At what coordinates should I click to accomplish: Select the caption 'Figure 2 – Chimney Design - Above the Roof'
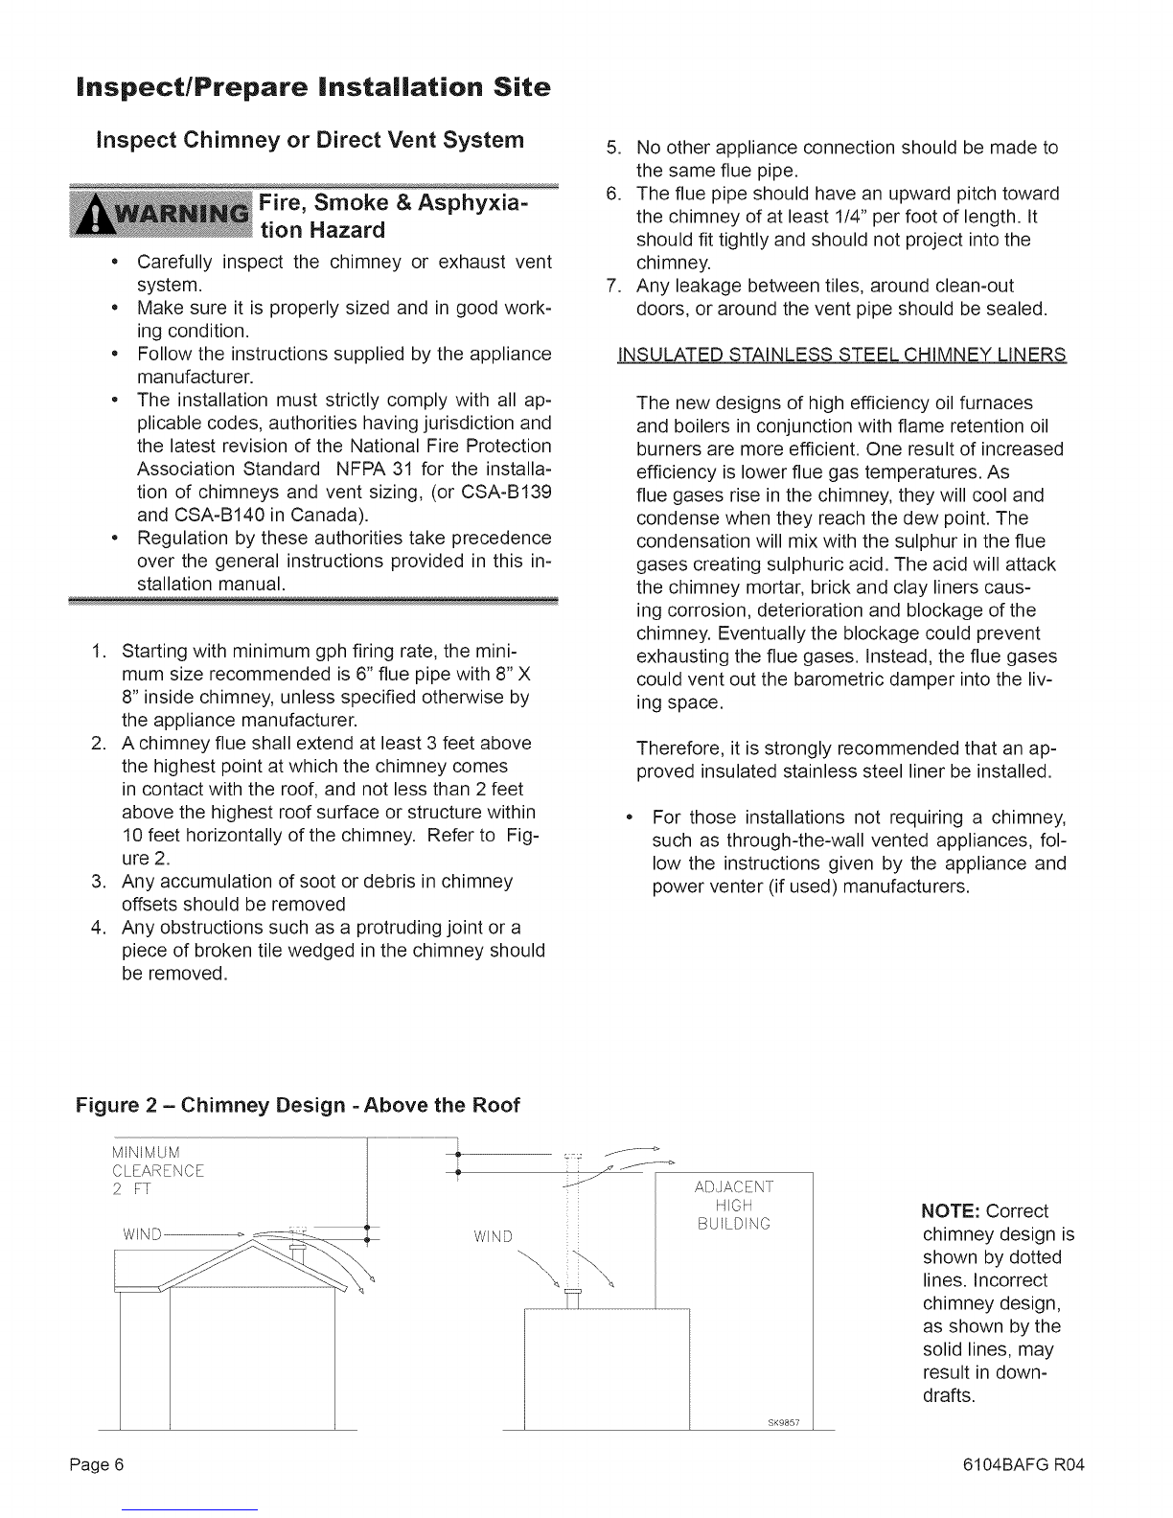coord(297,1106)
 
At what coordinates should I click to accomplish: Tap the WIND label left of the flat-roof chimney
coord(494,1234)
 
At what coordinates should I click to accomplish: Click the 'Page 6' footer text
coord(98,1465)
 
